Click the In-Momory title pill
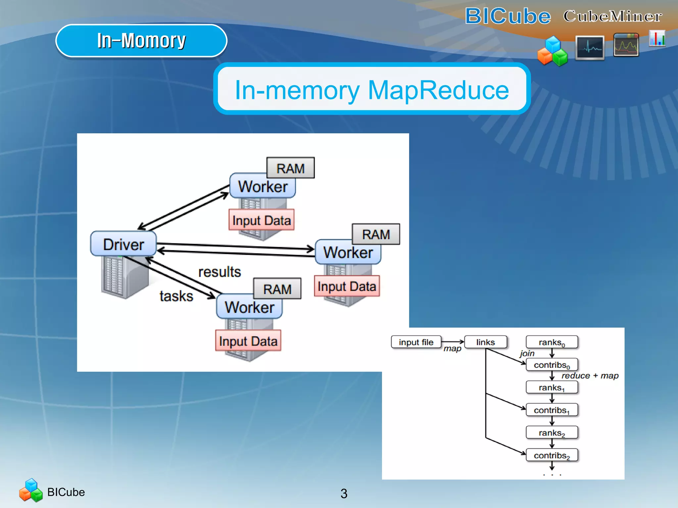[141, 41]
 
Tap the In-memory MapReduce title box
[371, 89]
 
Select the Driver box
[123, 244]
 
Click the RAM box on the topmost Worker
[290, 168]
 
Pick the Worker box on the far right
[348, 252]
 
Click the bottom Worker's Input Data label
[248, 341]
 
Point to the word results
[219, 272]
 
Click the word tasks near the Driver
[176, 296]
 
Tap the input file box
[416, 342]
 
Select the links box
[485, 342]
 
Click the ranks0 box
[552, 342]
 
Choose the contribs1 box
[552, 410]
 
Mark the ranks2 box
[552, 433]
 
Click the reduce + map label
[590, 376]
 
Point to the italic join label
[527, 353]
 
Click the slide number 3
[344, 493]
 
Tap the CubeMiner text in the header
[612, 16]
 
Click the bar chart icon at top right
[657, 38]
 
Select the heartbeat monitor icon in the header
[590, 48]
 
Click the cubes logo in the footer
[31, 490]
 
